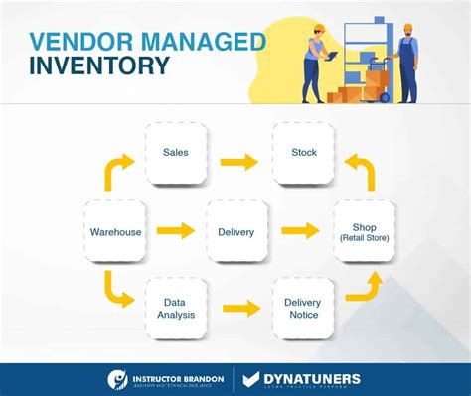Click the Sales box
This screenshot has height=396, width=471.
tap(176, 153)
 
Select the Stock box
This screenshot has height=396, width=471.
tap(303, 153)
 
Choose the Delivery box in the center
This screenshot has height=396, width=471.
tap(236, 231)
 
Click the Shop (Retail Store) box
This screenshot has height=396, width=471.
tap(364, 231)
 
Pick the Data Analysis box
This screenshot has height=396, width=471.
tap(176, 308)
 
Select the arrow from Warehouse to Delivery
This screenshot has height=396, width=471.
tap(175, 232)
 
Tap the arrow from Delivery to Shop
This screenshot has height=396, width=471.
tap(300, 232)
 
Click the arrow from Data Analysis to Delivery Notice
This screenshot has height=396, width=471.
tap(239, 309)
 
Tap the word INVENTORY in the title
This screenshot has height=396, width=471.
tap(99, 68)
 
